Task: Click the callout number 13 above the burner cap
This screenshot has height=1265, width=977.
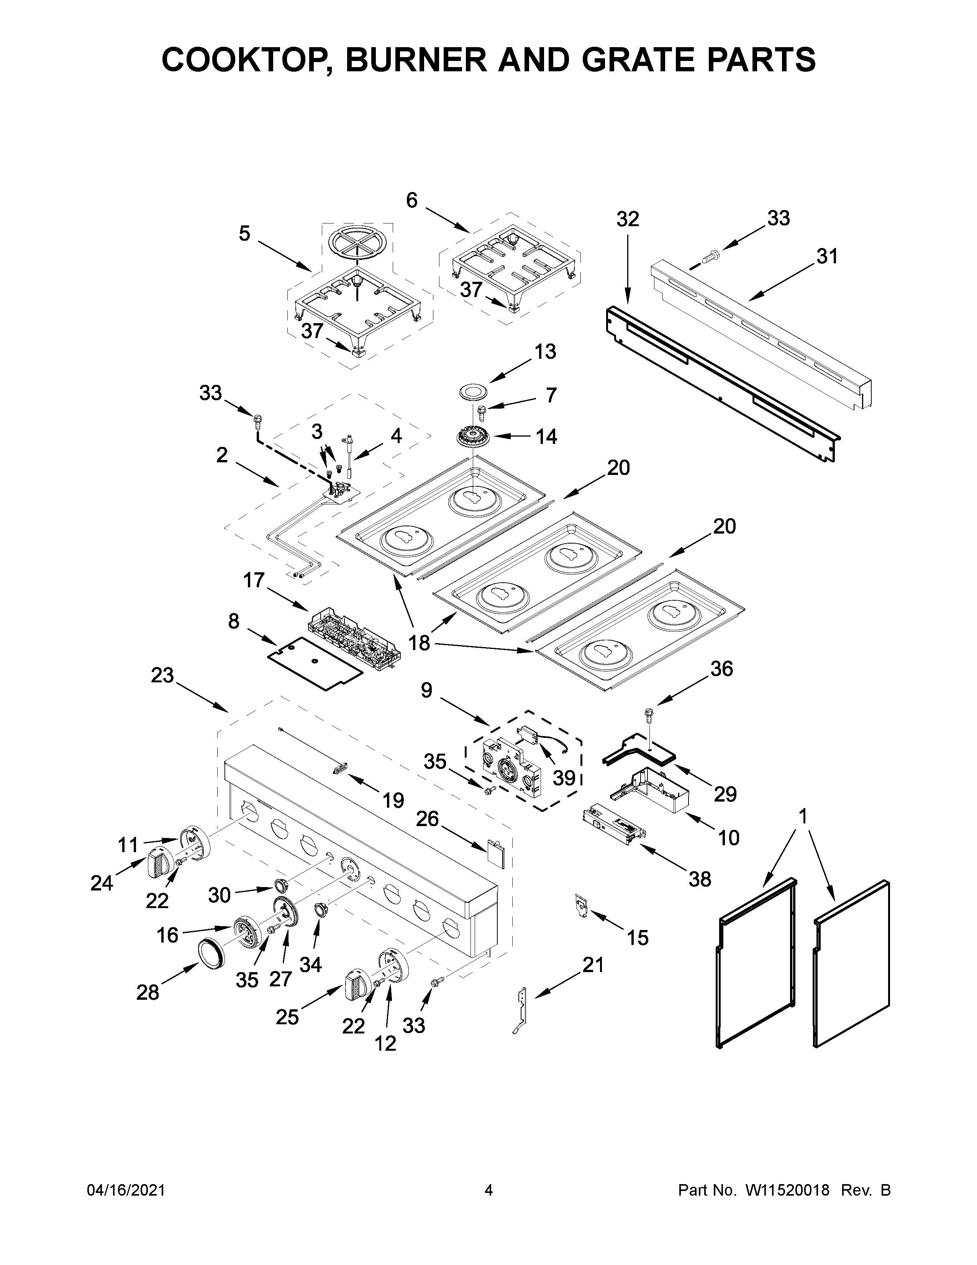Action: (545, 352)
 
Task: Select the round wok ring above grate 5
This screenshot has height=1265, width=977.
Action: (356, 242)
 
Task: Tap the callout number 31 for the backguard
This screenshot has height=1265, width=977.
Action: (826, 256)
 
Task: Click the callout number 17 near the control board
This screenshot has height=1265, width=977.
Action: (254, 580)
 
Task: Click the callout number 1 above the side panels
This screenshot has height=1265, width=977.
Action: (802, 816)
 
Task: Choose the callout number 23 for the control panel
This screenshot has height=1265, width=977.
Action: (162, 675)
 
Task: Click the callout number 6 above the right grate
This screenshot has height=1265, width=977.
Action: (411, 200)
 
